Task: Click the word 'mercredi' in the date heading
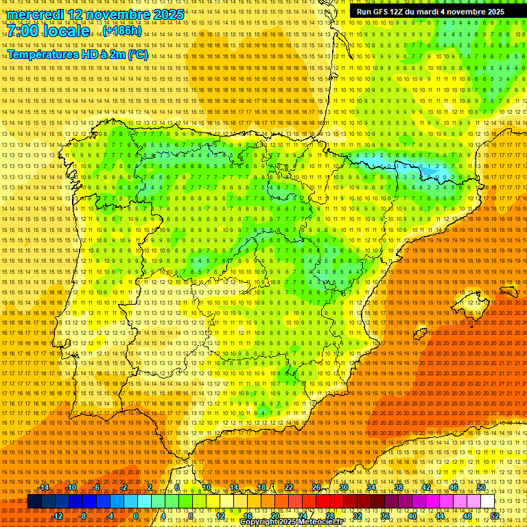34,14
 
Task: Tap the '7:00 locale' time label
49,31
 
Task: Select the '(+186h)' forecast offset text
121,31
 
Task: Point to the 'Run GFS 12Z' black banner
430,12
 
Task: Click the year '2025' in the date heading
168,14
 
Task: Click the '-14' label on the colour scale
44,487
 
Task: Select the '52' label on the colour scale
495,516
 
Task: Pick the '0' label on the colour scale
137,516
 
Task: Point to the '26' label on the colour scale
316,487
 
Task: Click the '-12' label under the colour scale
58,516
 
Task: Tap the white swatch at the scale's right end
487,502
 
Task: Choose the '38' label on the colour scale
399,487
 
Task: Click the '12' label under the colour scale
220,516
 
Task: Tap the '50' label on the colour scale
481,487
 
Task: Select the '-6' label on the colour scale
97,487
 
